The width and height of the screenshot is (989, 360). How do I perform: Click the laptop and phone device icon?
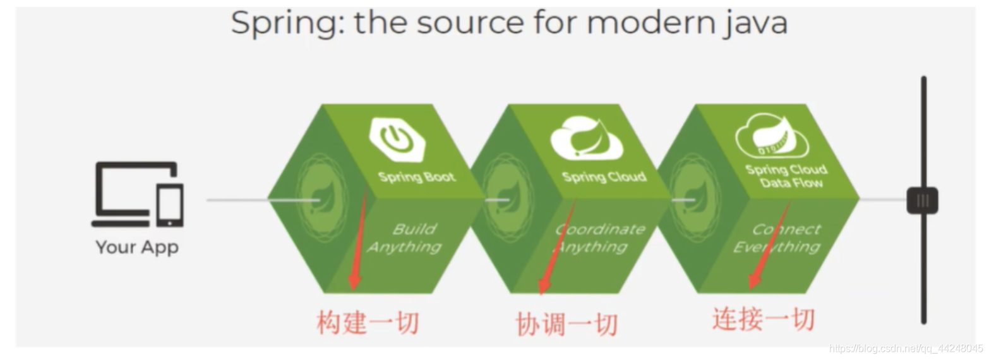click(x=137, y=195)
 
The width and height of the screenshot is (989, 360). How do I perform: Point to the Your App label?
click(x=137, y=247)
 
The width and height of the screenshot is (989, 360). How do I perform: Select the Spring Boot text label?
click(x=417, y=176)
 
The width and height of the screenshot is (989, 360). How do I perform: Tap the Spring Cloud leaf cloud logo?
click(x=587, y=140)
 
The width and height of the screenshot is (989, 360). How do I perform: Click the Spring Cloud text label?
click(x=604, y=176)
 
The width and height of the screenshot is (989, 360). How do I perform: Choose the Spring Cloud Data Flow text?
click(x=786, y=176)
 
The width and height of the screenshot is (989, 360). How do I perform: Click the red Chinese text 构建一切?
click(x=367, y=323)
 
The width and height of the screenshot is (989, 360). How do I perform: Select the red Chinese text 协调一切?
click(x=566, y=325)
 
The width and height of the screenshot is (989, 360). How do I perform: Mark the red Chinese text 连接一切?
click(x=763, y=319)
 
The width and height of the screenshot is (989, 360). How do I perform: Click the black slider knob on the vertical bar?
click(x=922, y=201)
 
